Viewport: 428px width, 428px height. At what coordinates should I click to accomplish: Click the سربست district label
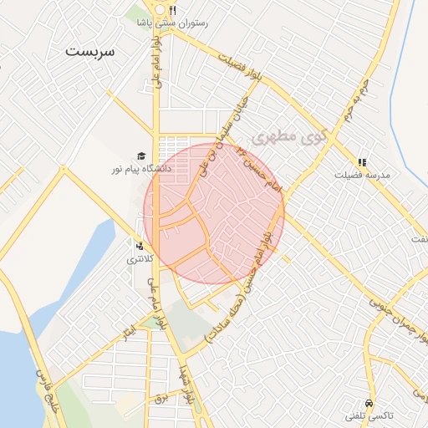point(92,50)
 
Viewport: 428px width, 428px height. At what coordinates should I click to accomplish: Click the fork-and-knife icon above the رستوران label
point(171,10)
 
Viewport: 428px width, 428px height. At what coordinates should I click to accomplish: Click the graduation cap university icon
point(141,156)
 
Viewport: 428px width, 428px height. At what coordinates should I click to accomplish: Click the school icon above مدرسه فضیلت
point(362,162)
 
